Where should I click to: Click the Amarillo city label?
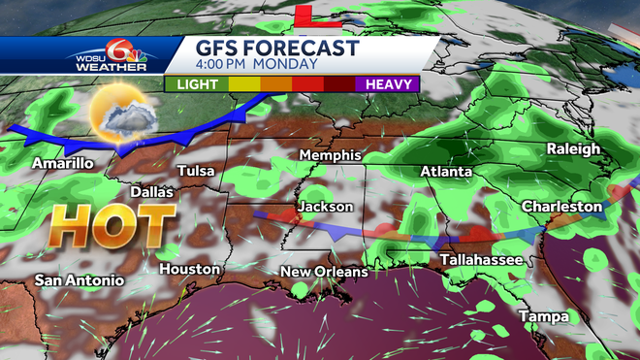coord(62,163)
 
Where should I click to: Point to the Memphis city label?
coord(330,155)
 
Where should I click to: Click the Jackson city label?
coord(326,207)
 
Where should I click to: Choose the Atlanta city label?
coord(446,172)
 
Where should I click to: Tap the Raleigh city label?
coord(574,148)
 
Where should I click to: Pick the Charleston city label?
coord(561,207)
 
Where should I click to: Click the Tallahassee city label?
coord(482,260)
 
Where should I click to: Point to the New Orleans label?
coord(325,272)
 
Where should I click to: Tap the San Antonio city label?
coord(80,280)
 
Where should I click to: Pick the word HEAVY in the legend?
coord(387,84)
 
